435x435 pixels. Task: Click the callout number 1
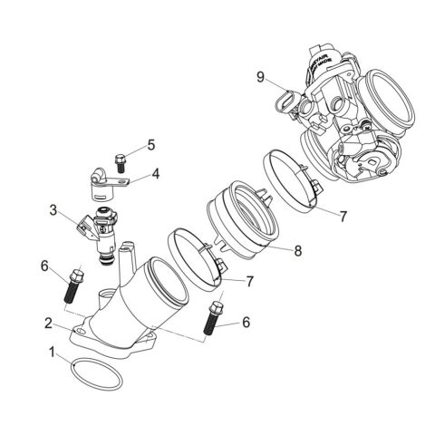(x=52, y=350)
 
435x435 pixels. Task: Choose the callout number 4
(x=156, y=172)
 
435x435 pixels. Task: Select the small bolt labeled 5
(x=119, y=162)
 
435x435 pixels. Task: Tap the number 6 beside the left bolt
(x=43, y=265)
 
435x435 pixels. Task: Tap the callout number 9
(x=260, y=77)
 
